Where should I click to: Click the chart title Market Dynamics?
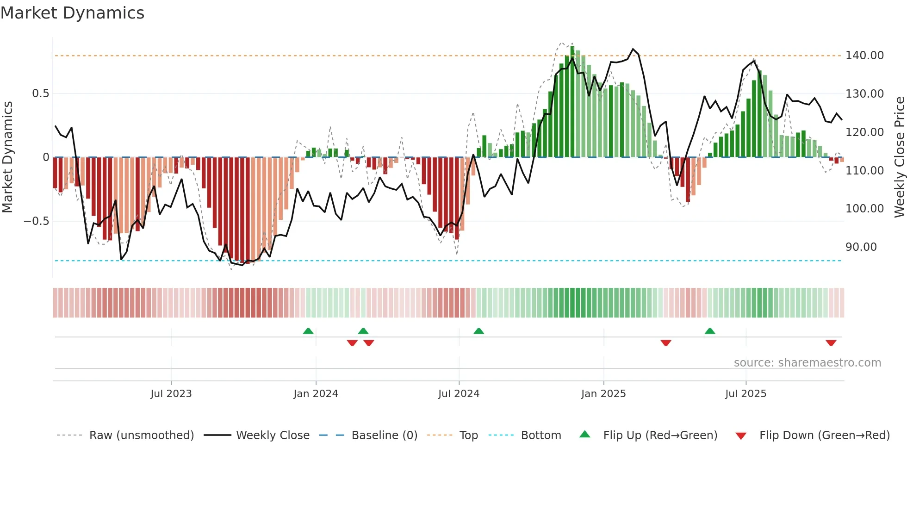[x=73, y=13]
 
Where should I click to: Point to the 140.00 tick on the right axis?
[x=864, y=56]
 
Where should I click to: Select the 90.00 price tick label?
[x=861, y=247]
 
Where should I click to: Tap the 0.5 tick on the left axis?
[x=40, y=93]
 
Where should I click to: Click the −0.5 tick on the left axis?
[x=36, y=221]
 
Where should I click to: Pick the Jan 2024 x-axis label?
[x=316, y=394]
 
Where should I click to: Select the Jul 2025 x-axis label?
[x=745, y=394]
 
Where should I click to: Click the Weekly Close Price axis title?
[x=899, y=157]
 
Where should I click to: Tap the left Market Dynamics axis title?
[x=7, y=157]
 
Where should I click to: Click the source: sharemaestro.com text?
[x=807, y=363]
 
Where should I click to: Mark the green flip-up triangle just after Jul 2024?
[x=478, y=331]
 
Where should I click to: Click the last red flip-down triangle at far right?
[x=831, y=343]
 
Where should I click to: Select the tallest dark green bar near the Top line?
[x=572, y=102]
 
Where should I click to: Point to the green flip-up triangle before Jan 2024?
[x=308, y=331]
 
